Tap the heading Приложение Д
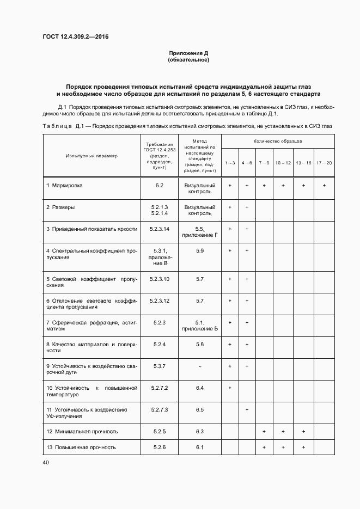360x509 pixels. click(x=188, y=53)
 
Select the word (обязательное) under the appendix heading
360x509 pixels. click(x=188, y=60)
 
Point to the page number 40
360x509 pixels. click(x=45, y=463)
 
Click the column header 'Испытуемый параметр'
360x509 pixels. click(x=91, y=156)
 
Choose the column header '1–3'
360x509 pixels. click(x=230, y=163)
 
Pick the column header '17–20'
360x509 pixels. click(x=324, y=163)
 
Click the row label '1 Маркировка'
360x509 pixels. click(x=64, y=186)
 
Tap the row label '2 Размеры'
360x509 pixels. click(x=60, y=207)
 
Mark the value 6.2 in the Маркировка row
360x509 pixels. click(x=159, y=186)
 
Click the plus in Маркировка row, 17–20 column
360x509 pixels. click(x=324, y=186)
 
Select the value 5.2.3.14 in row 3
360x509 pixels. click(x=159, y=229)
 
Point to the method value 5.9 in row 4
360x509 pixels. click(x=200, y=250)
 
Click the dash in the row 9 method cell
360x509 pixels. click(x=200, y=366)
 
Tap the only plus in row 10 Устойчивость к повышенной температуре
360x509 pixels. click(x=230, y=388)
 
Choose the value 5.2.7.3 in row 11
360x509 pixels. click(x=159, y=409)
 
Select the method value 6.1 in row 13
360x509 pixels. click(x=200, y=447)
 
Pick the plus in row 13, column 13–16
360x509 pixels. click(x=303, y=447)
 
